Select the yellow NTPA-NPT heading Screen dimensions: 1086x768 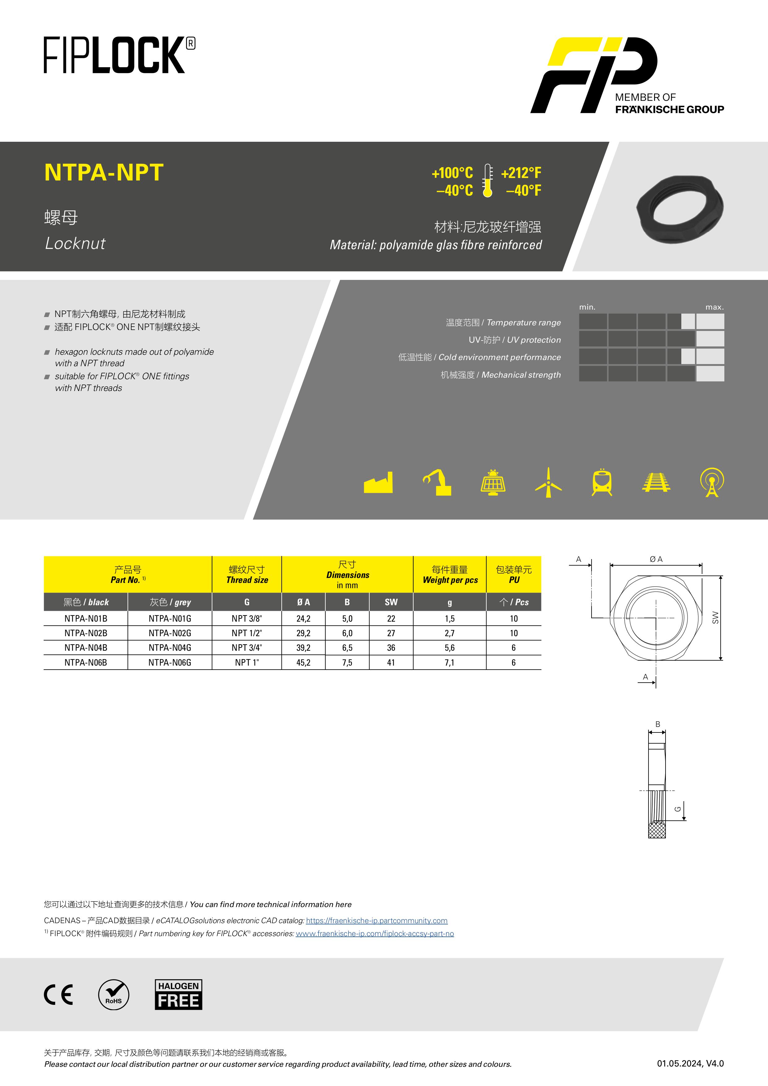[104, 172]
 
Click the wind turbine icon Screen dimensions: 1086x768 [548, 482]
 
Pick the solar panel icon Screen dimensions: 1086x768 [493, 482]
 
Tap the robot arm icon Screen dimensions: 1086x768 [437, 482]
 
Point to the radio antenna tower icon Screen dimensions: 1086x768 [712, 482]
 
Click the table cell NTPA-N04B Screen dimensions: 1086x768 [86, 648]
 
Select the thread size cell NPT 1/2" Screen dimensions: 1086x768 [246, 633]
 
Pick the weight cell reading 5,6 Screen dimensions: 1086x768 [449, 648]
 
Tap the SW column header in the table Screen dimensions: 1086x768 [391, 602]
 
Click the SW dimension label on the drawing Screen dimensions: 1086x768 [715, 618]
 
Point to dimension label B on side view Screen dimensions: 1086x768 [657, 724]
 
